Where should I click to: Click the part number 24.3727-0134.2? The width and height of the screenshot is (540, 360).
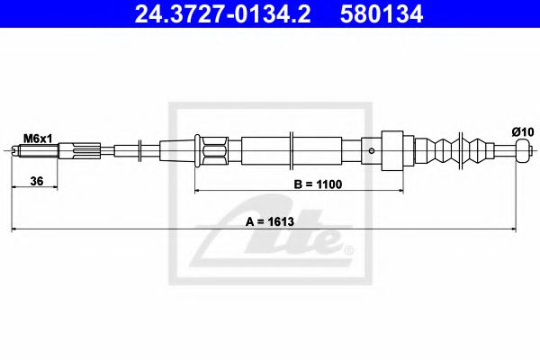click(222, 14)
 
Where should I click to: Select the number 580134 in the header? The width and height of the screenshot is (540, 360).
click(382, 14)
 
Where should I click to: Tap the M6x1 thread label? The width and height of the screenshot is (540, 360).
click(38, 139)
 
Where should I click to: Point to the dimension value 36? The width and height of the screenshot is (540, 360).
click(37, 181)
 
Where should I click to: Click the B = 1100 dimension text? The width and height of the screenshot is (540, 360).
click(318, 184)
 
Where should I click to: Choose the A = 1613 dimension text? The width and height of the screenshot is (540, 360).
click(270, 221)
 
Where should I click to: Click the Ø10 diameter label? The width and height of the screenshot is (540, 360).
click(523, 132)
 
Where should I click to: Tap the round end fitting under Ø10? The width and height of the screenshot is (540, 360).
click(522, 150)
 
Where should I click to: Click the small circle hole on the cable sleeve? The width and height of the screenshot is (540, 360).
click(371, 151)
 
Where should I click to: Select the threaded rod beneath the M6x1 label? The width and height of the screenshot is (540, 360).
click(34, 151)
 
